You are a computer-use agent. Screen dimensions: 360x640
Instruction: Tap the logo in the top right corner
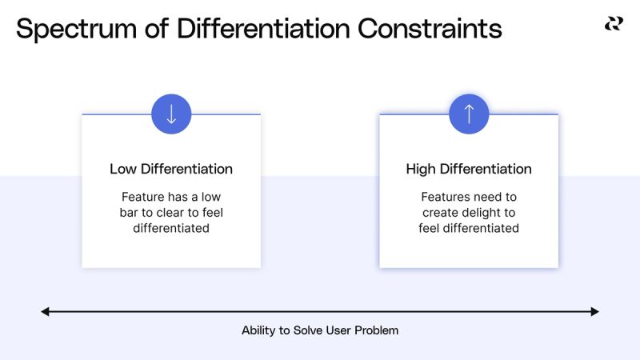(613, 24)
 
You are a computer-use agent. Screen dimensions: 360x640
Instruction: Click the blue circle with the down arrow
(171, 114)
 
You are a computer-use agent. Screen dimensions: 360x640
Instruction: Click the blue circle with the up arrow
(469, 114)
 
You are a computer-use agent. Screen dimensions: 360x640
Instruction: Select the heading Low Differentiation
(171, 169)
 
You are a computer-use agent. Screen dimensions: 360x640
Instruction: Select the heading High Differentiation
(469, 169)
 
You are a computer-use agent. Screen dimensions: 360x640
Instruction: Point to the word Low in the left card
(123, 169)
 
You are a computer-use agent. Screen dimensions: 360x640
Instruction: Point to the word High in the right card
(422, 169)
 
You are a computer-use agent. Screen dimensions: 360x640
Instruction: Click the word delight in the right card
(480, 212)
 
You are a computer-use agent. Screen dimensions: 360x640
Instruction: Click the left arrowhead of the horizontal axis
(46, 311)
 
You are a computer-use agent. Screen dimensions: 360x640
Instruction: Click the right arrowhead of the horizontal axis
(594, 311)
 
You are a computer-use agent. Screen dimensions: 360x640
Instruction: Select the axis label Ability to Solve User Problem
(320, 330)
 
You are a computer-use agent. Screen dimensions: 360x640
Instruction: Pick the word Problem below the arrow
(378, 330)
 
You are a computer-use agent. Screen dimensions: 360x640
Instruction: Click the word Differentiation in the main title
(262, 29)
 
